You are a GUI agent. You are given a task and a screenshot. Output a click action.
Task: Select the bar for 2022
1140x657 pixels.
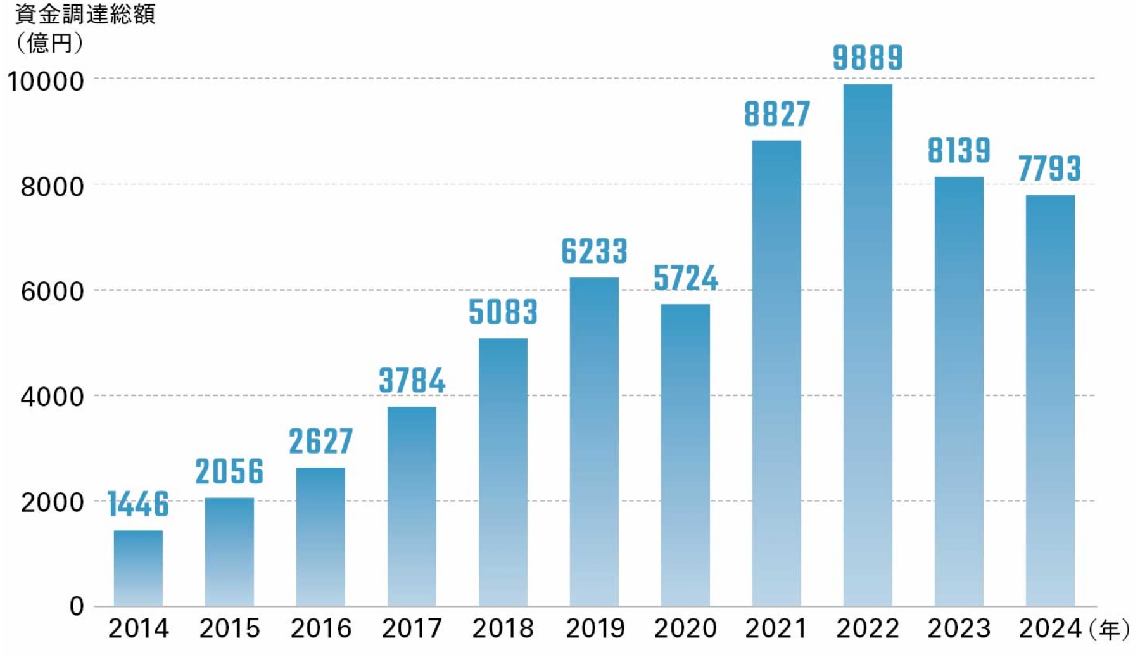(868, 345)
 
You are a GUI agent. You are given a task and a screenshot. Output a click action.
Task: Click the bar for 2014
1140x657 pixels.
(138, 568)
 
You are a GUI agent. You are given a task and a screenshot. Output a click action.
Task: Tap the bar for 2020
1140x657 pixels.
(685, 455)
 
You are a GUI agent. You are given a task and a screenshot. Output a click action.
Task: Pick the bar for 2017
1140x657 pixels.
(412, 506)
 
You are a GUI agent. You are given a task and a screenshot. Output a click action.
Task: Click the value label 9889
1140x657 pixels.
(868, 58)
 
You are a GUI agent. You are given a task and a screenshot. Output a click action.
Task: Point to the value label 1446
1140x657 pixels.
(138, 504)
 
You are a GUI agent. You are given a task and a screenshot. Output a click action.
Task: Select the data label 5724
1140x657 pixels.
(685, 278)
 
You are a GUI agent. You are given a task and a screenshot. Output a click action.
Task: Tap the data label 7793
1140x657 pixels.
(1049, 169)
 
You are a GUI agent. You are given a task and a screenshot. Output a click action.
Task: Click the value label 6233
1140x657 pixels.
(594, 252)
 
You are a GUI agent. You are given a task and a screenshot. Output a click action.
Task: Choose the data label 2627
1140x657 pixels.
(320, 442)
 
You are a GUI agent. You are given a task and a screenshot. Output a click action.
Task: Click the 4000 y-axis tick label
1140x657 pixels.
(52, 397)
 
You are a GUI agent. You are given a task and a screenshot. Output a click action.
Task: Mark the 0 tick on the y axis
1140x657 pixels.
(77, 606)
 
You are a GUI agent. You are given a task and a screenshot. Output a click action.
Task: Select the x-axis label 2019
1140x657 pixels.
(595, 628)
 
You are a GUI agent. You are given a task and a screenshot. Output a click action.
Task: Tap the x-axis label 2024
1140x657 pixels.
(1050, 628)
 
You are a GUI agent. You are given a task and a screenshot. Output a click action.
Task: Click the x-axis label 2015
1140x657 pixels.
(229, 628)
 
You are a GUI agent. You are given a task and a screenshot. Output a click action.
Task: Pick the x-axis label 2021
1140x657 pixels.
(776, 628)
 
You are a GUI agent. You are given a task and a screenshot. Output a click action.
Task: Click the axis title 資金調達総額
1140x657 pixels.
(85, 14)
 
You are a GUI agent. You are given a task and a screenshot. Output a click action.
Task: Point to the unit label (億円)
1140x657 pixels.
(49, 42)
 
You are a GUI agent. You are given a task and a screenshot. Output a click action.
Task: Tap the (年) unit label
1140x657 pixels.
(1110, 630)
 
